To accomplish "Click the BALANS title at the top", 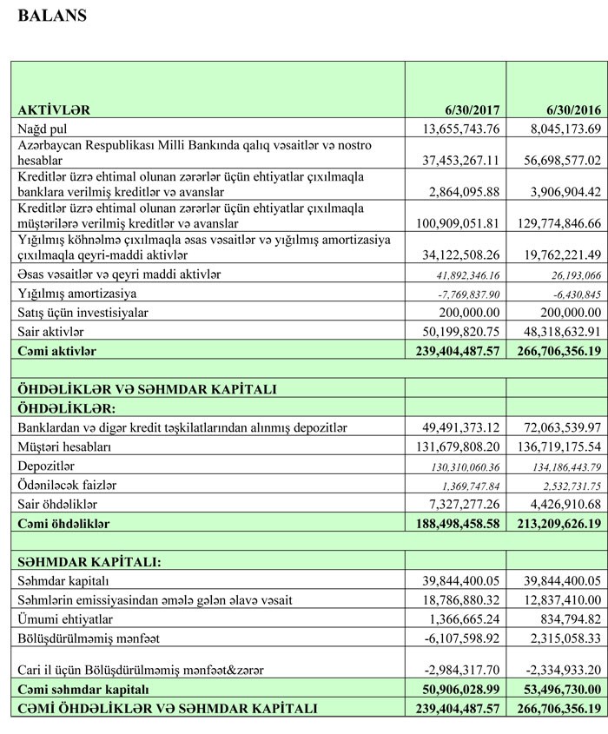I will coord(51,15).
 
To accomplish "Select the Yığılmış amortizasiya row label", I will coord(77,294).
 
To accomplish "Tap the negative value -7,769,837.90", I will coord(465,294).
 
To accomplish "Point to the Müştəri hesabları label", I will coord(67,446).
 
